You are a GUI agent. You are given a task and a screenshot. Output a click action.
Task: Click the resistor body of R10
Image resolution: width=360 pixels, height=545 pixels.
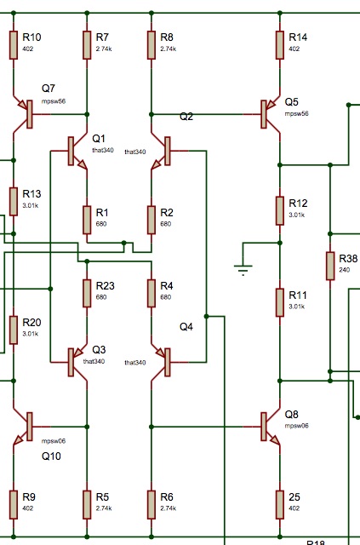point(14,45)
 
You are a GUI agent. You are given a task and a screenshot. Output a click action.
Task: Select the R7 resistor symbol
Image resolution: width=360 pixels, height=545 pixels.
point(87,45)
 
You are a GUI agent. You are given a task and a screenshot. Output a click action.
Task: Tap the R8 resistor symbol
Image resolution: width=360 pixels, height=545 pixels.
point(151,45)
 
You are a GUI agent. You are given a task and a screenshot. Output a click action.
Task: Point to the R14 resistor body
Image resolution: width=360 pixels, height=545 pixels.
point(280,45)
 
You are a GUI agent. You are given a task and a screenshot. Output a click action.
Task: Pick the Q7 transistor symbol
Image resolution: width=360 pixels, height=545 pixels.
point(26,114)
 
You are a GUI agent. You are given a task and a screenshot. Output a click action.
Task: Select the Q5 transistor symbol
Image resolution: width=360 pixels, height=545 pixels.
point(267,114)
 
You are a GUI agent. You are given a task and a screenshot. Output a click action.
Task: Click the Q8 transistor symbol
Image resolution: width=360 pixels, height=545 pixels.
point(267,427)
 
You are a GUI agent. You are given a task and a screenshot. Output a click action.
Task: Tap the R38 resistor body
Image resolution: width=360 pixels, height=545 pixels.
point(330,266)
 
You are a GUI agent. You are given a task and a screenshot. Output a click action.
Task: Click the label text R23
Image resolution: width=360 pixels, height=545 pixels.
point(105,286)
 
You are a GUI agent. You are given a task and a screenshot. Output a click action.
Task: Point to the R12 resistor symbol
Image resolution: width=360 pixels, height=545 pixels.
point(280,210)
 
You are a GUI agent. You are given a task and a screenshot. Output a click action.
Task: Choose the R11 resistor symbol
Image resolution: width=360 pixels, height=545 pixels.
point(280,302)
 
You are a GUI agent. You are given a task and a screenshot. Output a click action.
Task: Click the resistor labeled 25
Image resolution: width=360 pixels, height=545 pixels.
point(280,505)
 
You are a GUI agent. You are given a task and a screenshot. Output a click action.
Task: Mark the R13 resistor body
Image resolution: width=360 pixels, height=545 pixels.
point(14,201)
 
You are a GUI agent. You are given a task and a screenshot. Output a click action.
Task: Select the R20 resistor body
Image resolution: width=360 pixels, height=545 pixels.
point(14,330)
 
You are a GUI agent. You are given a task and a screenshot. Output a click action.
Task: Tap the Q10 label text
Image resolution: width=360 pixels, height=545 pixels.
point(51,456)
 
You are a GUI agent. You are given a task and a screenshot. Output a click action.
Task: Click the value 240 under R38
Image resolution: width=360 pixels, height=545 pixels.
point(345,270)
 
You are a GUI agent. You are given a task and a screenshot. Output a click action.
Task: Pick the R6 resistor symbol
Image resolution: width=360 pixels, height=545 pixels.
point(151,505)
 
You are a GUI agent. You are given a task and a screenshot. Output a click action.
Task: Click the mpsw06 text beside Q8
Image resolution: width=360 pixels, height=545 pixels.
point(296,426)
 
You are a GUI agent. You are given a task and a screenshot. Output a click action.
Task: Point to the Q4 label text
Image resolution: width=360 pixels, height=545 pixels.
point(186,327)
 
